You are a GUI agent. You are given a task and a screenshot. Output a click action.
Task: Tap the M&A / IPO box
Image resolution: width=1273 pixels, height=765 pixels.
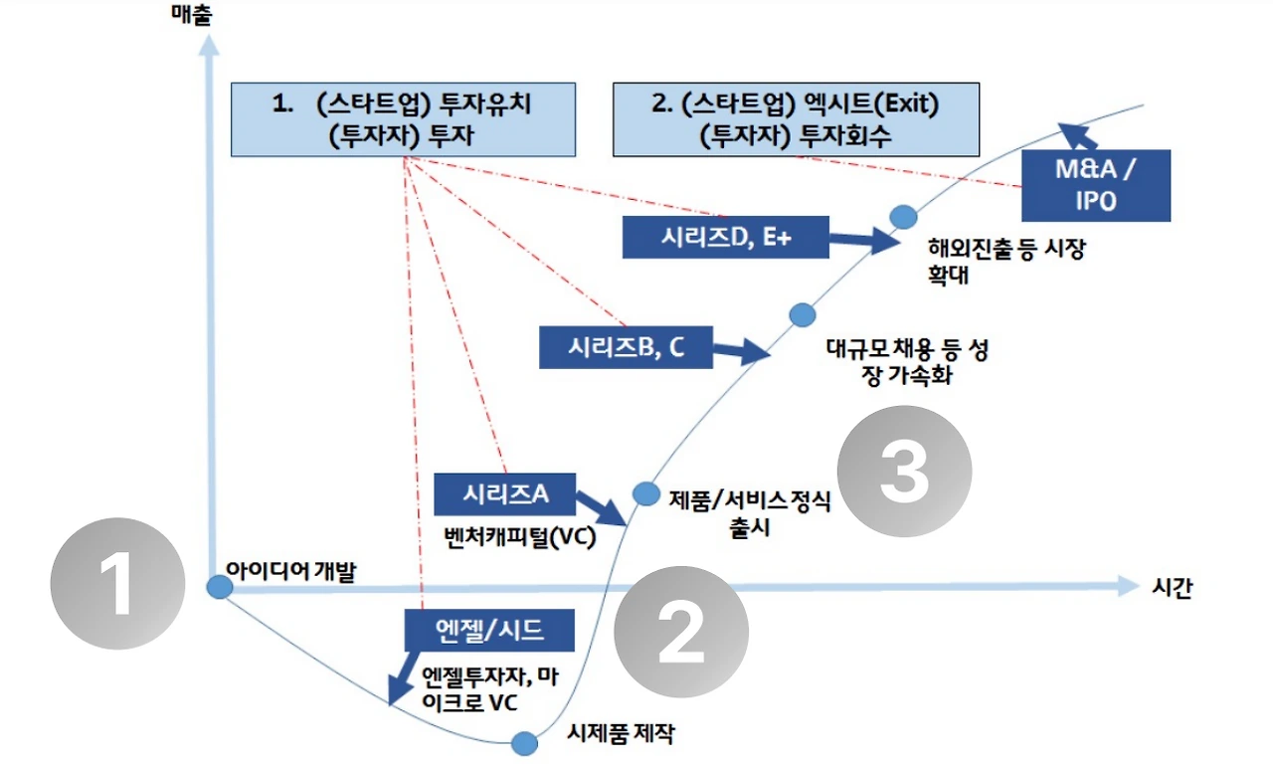point(1097,185)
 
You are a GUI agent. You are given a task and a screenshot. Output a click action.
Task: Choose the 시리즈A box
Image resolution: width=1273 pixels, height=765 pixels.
point(506,493)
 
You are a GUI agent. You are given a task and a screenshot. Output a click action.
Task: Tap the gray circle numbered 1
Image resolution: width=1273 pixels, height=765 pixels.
point(118,584)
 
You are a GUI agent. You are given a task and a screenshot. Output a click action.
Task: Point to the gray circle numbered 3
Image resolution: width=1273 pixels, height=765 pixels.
point(904,473)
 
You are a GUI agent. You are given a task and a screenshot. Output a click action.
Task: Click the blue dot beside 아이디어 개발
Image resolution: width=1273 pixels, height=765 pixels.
point(219,587)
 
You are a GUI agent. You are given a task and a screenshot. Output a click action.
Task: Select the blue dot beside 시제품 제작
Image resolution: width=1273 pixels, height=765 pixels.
point(523,743)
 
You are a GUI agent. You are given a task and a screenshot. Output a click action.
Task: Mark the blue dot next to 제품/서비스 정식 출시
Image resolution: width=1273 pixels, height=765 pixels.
point(646,492)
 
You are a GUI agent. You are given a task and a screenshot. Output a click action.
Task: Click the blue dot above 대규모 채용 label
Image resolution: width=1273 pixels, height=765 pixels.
point(803,315)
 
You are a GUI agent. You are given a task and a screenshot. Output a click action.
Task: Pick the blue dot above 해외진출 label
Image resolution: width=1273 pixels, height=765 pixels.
point(902,216)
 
